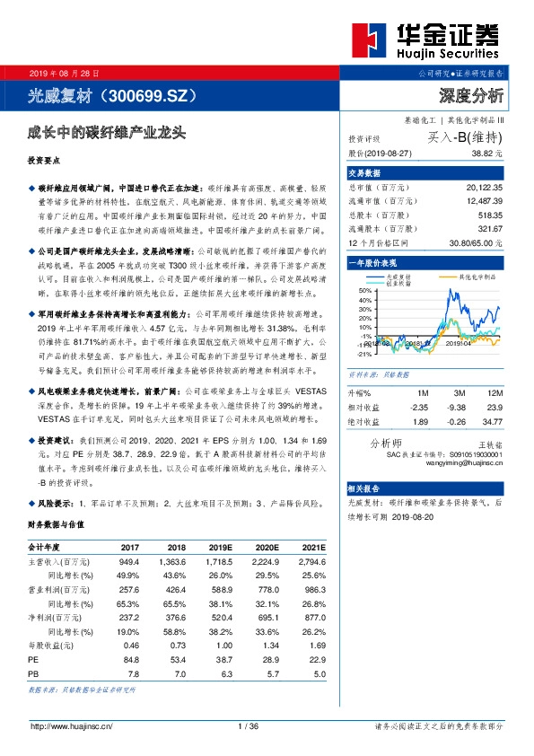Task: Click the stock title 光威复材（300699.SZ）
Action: point(112,94)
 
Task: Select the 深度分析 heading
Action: point(470,94)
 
